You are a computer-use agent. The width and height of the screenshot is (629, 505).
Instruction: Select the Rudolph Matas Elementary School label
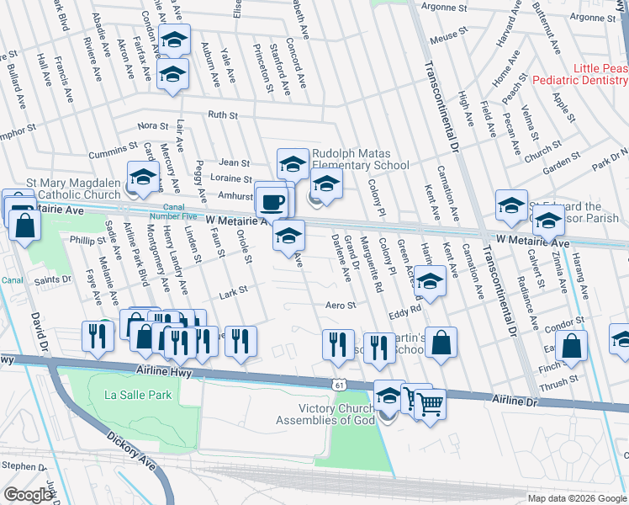[x=360, y=159]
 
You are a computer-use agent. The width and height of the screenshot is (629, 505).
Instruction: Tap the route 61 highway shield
[x=338, y=384]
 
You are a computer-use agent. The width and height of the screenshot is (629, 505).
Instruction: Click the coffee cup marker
[x=272, y=201]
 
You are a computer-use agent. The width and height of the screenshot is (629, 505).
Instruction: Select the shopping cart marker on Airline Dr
[x=430, y=406]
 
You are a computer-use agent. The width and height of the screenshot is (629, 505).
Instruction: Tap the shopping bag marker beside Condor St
[x=572, y=345]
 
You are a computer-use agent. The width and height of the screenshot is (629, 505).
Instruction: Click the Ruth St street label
[x=223, y=115]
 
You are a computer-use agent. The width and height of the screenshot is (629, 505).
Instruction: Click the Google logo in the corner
[x=29, y=495]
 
